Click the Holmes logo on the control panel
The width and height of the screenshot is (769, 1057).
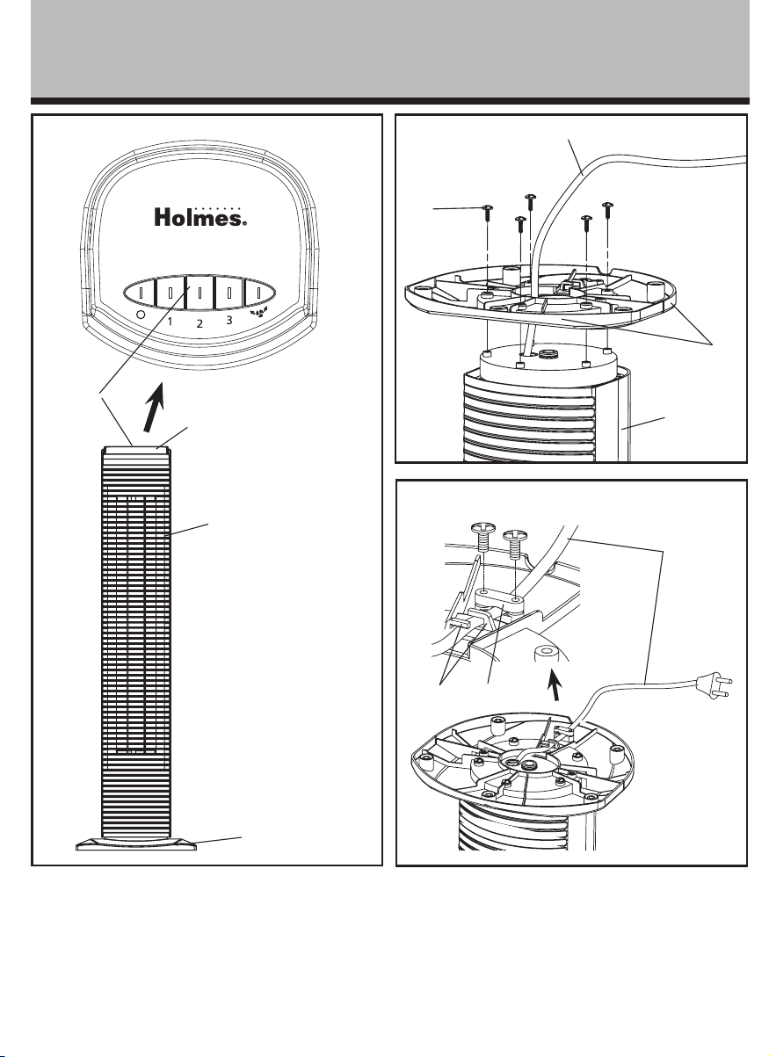(200, 217)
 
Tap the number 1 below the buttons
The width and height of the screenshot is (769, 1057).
(170, 322)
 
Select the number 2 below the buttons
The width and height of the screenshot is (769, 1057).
(200, 323)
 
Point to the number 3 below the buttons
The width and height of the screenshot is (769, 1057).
(229, 321)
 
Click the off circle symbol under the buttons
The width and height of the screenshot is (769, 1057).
(140, 315)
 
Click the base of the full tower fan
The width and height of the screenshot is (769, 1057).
(136, 843)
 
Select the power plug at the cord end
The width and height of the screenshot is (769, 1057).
(715, 684)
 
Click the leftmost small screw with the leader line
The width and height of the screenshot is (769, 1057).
(487, 214)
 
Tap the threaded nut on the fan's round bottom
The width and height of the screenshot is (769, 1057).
(548, 352)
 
